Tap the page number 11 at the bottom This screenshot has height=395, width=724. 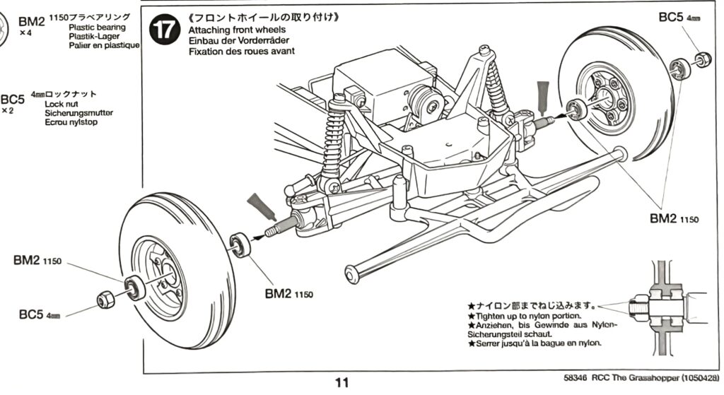[342, 383]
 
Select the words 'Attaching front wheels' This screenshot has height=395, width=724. [237, 30]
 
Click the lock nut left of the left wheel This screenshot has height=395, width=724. [105, 300]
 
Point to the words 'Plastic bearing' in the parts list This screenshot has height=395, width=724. [97, 27]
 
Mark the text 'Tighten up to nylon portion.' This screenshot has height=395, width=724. [528, 316]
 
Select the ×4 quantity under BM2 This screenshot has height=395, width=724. [25, 33]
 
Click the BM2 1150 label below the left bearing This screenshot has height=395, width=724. [288, 293]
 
